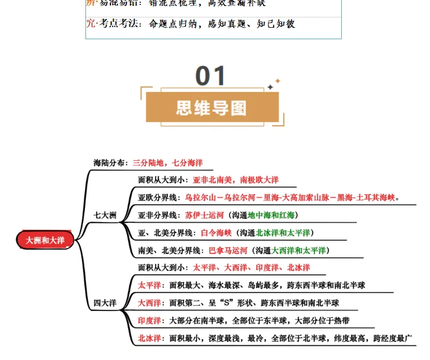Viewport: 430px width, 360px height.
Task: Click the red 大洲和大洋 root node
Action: point(46,240)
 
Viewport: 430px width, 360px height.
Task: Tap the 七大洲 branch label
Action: point(105,216)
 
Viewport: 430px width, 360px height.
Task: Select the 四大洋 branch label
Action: point(105,303)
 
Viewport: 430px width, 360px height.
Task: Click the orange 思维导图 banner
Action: point(212,107)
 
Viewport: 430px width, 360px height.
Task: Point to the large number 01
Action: point(211,76)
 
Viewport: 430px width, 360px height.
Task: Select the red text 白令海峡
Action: point(216,233)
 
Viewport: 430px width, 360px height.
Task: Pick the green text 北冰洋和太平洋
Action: point(283,233)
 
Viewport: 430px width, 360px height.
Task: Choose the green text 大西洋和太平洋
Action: point(299,251)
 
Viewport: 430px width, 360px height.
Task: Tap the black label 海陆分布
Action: point(110,163)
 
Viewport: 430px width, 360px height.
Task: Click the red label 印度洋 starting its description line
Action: point(149,320)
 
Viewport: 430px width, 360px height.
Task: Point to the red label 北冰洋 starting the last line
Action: point(149,338)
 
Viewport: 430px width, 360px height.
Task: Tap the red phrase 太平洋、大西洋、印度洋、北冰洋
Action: point(251,268)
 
